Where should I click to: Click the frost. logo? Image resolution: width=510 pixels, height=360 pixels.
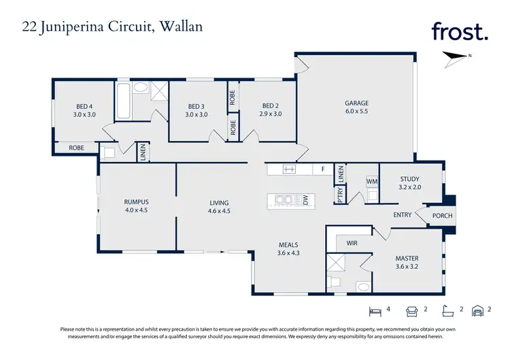click(460, 31)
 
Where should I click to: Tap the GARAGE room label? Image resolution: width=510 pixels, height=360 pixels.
click(356, 103)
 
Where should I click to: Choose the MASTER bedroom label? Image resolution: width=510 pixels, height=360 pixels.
click(407, 259)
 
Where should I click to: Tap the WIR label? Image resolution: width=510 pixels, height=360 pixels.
click(352, 242)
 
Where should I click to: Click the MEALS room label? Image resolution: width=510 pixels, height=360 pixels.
click(288, 244)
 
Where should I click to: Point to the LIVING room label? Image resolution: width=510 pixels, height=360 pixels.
click(219, 203)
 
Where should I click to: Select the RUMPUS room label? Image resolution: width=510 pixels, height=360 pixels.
click(136, 202)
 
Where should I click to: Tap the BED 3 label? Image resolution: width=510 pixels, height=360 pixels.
click(197, 106)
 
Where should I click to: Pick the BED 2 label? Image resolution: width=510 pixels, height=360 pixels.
click(271, 105)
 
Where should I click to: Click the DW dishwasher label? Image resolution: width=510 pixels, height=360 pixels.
click(306, 200)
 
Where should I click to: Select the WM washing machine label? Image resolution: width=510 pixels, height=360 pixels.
click(371, 182)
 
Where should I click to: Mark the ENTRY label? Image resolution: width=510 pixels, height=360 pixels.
click(403, 215)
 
